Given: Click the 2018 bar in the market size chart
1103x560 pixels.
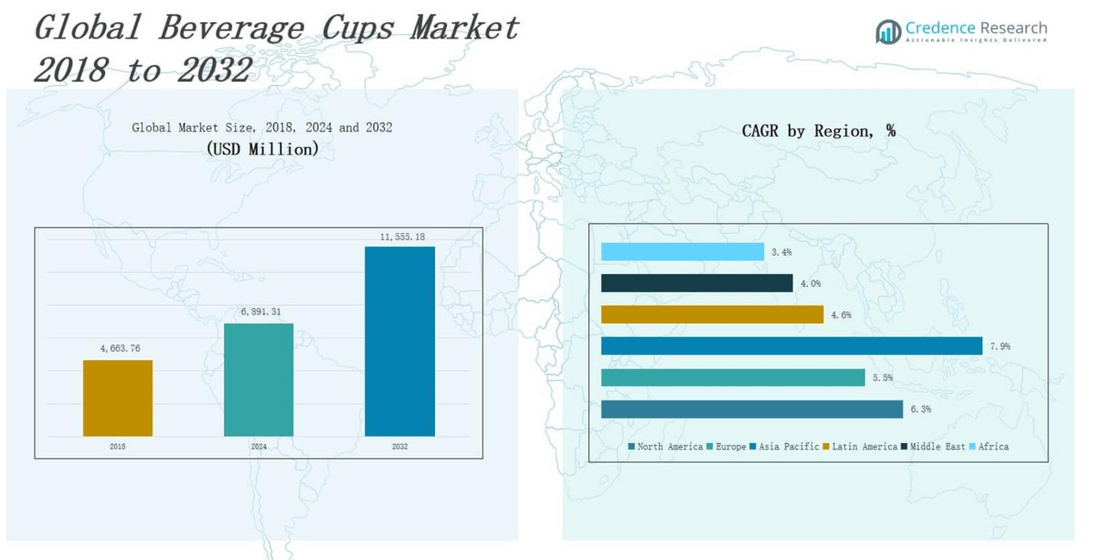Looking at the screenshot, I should pos(118,397).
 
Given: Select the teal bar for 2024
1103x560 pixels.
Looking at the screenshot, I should pos(259,379).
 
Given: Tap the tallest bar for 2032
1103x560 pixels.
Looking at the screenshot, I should pos(399,341).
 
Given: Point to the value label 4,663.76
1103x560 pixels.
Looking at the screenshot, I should pos(120,348).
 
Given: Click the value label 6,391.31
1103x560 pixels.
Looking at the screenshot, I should pos(260,312).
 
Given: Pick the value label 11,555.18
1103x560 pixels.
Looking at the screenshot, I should pos(402,237).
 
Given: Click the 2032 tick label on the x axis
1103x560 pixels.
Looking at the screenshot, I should pos(399,447).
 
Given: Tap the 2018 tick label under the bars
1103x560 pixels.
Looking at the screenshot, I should pos(118,447).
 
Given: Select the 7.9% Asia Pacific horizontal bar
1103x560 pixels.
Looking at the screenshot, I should pos(791,346).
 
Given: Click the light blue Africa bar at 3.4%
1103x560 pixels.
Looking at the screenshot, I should pos(682,252).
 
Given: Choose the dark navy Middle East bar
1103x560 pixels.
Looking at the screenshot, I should pos(696,283).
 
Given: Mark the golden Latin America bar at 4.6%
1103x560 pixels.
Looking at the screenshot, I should pos(712,314).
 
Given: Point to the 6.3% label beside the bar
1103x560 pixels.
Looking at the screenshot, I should pos(919,409).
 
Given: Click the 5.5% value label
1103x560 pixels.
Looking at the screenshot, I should pos(882,377).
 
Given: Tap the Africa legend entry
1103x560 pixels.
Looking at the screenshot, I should pos(990,447).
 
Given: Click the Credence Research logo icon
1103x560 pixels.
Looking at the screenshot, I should pos(887,32).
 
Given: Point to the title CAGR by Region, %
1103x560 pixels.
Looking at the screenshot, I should pos(818,132).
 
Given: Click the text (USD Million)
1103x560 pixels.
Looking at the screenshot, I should pos(262,148).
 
